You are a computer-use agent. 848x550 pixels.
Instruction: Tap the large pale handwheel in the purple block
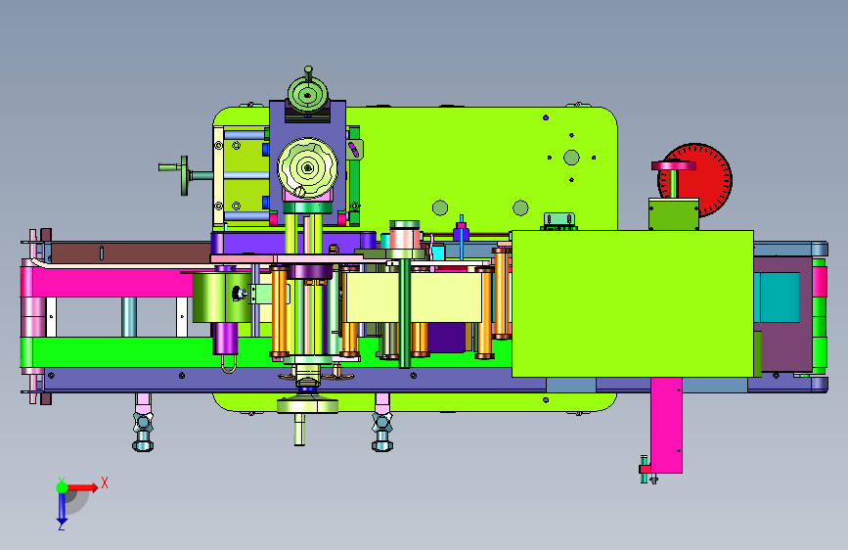[308, 167]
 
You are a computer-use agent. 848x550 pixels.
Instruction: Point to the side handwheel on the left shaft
[185, 175]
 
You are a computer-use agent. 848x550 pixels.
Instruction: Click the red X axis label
[105, 482]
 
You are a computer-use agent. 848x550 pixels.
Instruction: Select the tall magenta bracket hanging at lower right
[666, 425]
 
